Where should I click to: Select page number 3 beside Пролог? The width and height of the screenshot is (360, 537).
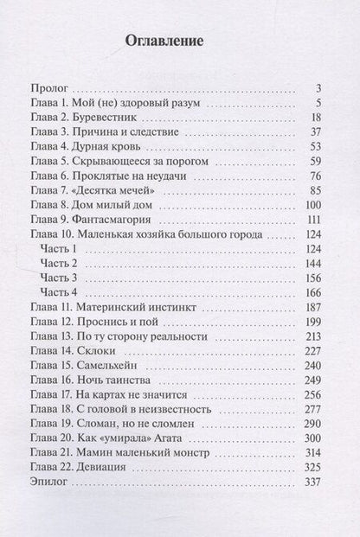point(318,87)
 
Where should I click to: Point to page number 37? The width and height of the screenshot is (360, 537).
point(315,131)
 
